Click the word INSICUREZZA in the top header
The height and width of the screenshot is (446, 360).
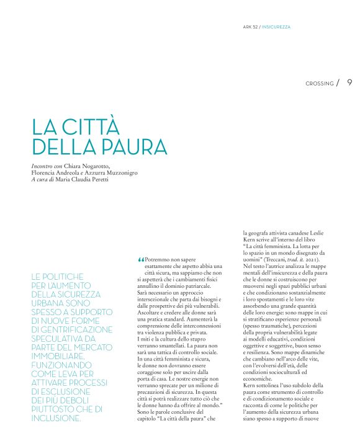276,27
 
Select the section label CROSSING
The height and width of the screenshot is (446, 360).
320,84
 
